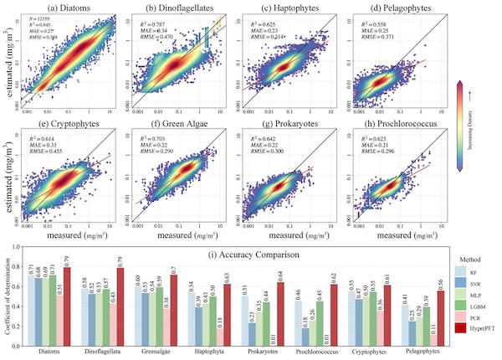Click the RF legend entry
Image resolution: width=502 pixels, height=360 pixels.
474,271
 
